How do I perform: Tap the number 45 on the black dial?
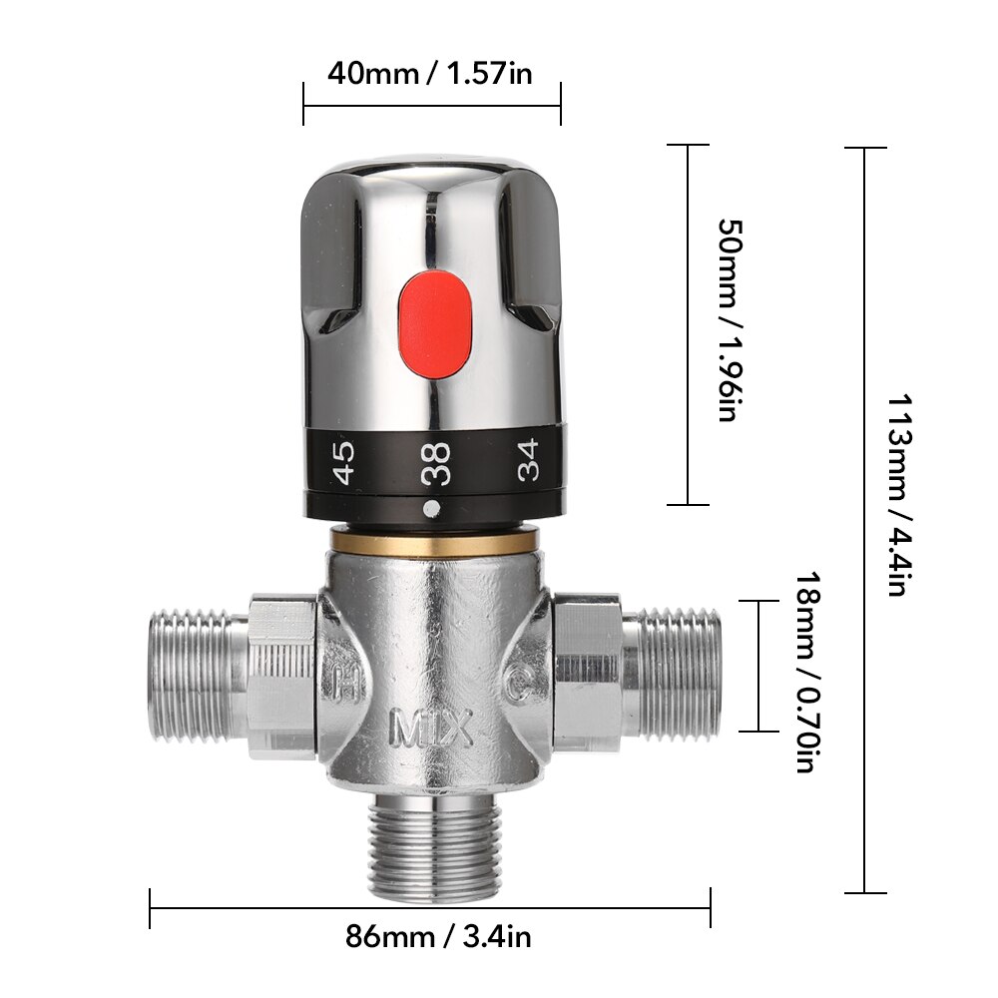[343, 463]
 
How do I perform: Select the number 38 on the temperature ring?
[436, 463]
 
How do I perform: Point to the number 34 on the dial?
[528, 460]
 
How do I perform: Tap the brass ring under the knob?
[434, 540]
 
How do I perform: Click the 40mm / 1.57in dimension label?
[431, 74]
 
